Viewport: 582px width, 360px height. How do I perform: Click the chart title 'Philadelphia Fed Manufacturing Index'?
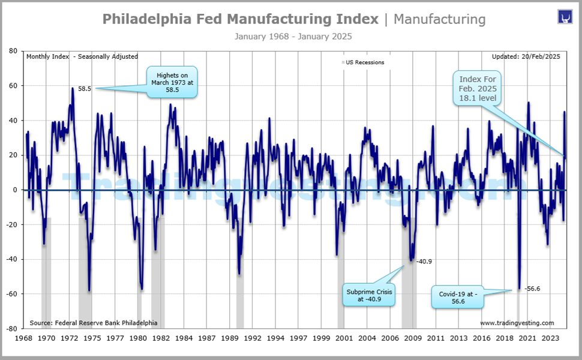click(x=240, y=19)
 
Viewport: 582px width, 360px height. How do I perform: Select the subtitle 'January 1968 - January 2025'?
click(x=293, y=36)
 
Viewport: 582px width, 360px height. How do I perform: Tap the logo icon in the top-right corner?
click(x=565, y=17)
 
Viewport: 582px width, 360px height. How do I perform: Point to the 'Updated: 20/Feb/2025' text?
click(x=526, y=56)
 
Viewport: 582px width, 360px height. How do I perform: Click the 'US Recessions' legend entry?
click(x=365, y=62)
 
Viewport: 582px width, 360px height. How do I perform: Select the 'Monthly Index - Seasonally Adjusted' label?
click(x=82, y=56)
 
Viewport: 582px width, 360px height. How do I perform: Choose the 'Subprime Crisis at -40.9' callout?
click(x=369, y=295)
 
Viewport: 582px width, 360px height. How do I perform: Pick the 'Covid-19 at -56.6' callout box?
click(x=457, y=298)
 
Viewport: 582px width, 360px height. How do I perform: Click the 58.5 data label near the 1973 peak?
click(x=85, y=88)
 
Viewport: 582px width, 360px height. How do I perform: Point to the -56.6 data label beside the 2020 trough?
click(x=532, y=289)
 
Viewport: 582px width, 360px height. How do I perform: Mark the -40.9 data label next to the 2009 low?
click(x=425, y=262)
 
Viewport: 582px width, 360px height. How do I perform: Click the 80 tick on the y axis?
click(x=13, y=51)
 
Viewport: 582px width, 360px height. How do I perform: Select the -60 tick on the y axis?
click(x=11, y=294)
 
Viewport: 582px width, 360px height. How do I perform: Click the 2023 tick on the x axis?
click(x=550, y=338)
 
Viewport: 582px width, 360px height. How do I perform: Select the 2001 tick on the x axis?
click(x=344, y=338)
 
